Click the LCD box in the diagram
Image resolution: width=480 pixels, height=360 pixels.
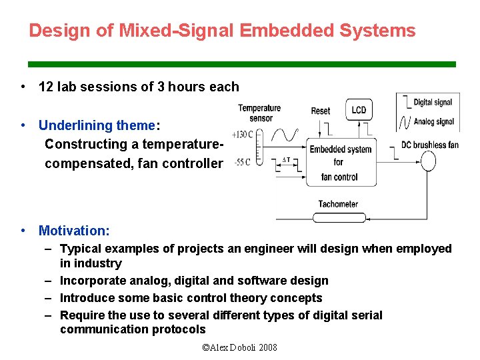point(359,110)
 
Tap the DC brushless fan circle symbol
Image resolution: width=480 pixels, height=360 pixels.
point(427,161)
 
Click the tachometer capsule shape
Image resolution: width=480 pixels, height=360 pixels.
point(338,217)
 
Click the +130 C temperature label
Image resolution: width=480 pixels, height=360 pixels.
point(241,134)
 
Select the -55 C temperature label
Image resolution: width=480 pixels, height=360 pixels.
point(242,163)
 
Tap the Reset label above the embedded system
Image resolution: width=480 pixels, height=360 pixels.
point(321,111)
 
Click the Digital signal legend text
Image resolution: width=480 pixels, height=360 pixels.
point(433,102)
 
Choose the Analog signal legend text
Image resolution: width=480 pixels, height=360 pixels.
point(434,121)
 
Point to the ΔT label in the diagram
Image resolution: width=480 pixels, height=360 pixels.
point(286,160)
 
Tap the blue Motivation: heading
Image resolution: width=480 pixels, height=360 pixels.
point(74,231)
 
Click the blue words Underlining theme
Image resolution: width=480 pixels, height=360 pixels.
point(97,125)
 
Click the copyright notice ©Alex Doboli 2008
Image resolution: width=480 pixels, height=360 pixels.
point(239,347)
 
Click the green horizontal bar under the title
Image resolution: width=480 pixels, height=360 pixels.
point(241,64)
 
